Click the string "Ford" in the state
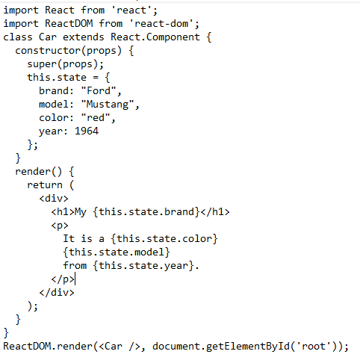click(x=99, y=91)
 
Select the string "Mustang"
click(x=108, y=105)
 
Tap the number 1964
click(x=87, y=131)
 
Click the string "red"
click(x=96, y=118)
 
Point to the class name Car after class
click(x=48, y=37)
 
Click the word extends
click(x=84, y=37)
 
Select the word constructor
click(x=48, y=51)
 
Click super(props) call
click(x=63, y=64)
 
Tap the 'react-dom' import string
click(x=161, y=24)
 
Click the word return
click(x=45, y=185)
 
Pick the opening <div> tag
click(x=54, y=199)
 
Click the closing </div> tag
click(x=57, y=293)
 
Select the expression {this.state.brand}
click(x=146, y=212)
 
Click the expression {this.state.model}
click(x=117, y=252)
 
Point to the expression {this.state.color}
click(x=164, y=239)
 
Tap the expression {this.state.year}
click(x=143, y=266)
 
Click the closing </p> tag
click(x=63, y=279)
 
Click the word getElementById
click(x=248, y=347)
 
